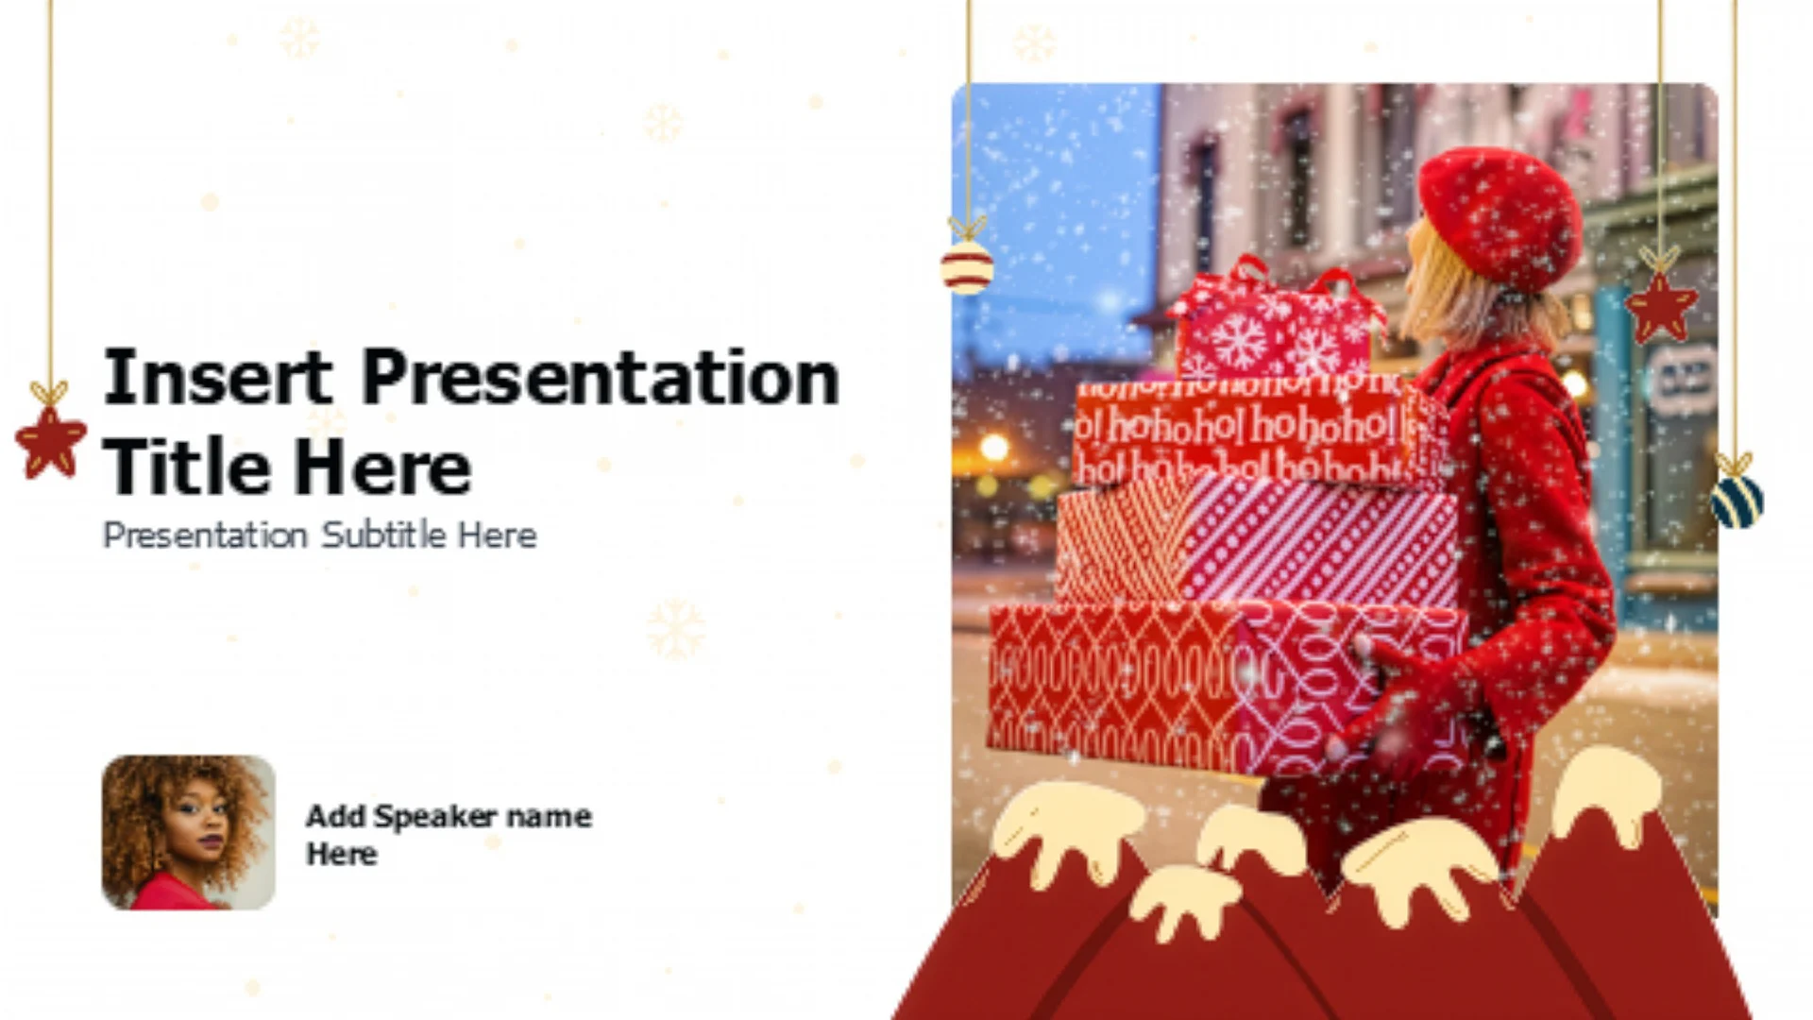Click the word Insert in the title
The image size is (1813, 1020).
coord(217,377)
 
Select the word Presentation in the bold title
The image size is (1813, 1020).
coord(601,377)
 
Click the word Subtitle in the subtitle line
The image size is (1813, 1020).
coord(383,535)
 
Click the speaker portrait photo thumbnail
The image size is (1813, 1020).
coord(189,832)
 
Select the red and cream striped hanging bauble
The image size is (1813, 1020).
coord(967,267)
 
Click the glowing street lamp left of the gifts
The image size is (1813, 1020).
coord(993,447)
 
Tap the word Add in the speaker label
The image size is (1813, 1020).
coord(335,816)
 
